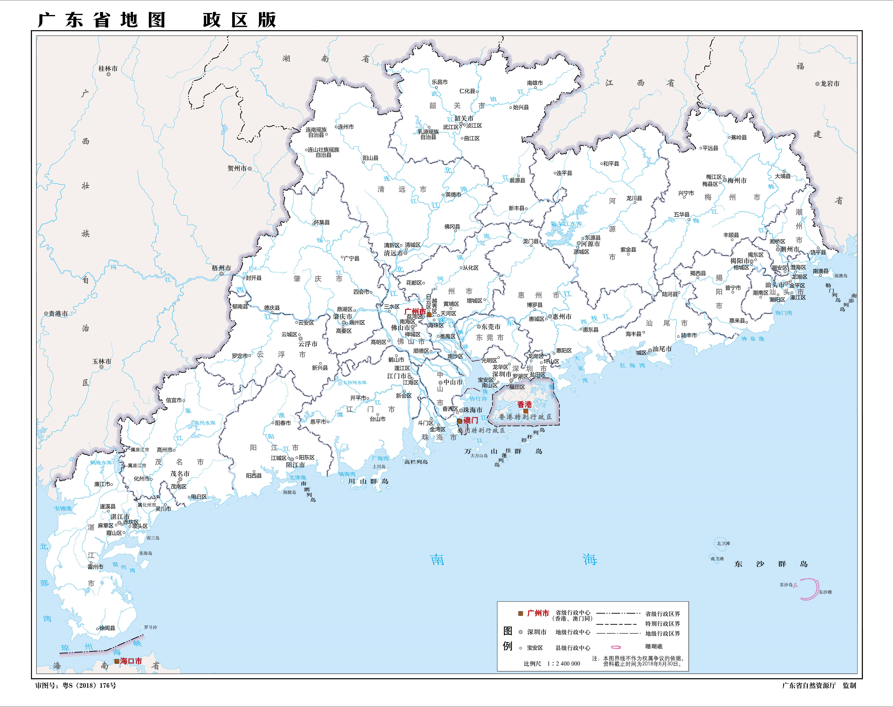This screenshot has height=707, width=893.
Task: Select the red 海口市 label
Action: click(131, 661)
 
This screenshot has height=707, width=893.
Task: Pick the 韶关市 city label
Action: click(464, 118)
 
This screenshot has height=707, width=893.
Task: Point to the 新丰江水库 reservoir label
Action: click(566, 224)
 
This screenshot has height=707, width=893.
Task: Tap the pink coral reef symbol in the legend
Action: click(616, 647)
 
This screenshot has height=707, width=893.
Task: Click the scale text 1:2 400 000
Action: click(563, 663)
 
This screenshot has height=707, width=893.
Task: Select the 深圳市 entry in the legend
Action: click(536, 632)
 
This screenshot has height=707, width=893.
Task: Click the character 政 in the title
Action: click(212, 20)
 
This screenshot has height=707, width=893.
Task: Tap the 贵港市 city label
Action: click(58, 314)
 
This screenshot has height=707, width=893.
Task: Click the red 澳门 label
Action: click(471, 420)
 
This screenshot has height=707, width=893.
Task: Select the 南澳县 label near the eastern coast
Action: click(820, 271)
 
